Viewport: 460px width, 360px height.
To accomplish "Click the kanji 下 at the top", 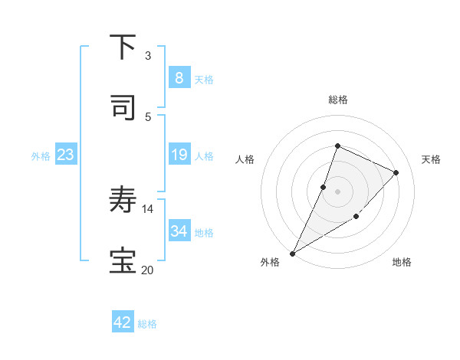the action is (x=123, y=47).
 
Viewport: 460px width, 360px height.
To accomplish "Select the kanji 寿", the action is (x=123, y=201).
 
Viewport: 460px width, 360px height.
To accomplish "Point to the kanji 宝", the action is (x=123, y=260).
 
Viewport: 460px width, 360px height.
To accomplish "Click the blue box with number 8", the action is (x=179, y=77).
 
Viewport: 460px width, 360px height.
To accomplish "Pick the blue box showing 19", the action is (x=179, y=155).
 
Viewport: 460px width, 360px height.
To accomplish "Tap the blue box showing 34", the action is (x=179, y=231).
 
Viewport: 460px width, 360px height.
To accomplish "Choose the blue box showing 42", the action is (x=123, y=322).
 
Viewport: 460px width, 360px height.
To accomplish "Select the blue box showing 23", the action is (x=66, y=155).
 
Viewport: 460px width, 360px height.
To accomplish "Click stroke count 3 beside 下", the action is (x=148, y=55).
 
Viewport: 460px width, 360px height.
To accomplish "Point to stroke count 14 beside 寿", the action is (x=148, y=208).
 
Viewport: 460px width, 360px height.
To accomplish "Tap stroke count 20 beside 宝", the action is (x=147, y=270).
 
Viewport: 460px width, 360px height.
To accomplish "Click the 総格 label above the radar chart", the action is (x=337, y=100).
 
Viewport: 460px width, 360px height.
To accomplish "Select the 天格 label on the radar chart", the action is (x=431, y=159).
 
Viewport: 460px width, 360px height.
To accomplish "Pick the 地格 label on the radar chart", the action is (x=402, y=262).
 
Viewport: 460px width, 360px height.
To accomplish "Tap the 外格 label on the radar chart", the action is (x=270, y=262).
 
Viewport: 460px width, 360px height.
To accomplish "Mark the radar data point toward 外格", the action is (x=292, y=253).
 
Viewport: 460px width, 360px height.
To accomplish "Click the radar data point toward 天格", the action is (x=396, y=172).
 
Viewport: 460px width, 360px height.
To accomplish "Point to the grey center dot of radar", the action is (x=337, y=191).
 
